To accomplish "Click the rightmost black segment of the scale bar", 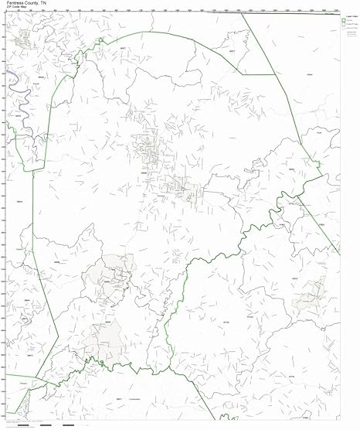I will [x=68, y=425].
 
